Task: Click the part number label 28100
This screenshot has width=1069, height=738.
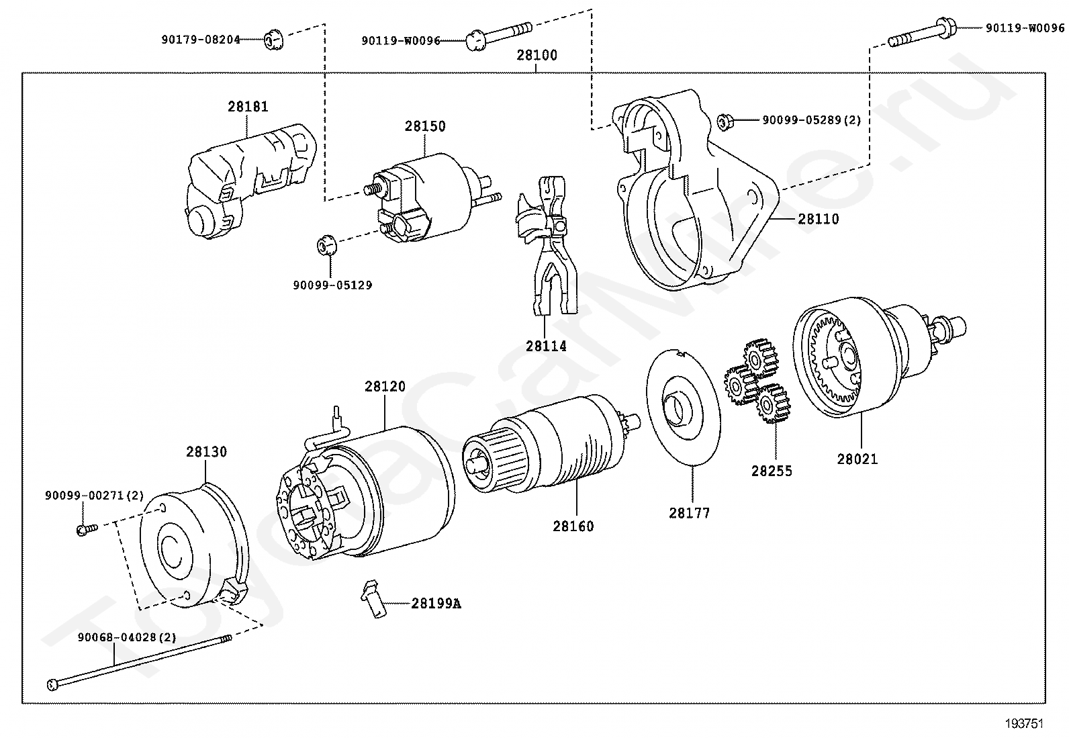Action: (x=537, y=55)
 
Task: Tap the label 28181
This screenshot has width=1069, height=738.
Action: (x=248, y=107)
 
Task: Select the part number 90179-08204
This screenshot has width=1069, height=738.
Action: (x=200, y=40)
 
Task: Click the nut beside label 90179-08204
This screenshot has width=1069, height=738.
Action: (x=274, y=40)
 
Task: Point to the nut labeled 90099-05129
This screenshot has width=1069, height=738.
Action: (x=327, y=245)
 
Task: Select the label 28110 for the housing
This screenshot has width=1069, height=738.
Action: (x=819, y=219)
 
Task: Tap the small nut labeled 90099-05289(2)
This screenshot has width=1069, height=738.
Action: (x=725, y=122)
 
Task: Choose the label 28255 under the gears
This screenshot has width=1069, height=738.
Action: (x=772, y=471)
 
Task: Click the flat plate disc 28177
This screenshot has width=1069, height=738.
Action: (x=684, y=407)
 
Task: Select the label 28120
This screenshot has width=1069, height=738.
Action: (x=385, y=386)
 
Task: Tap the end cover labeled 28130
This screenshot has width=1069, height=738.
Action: (x=194, y=545)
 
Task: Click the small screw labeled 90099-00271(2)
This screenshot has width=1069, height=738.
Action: (x=87, y=529)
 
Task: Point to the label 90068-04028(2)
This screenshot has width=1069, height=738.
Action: (x=127, y=637)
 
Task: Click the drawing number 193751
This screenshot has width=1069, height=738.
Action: (x=1025, y=723)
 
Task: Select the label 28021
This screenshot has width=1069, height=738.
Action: (x=857, y=459)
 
